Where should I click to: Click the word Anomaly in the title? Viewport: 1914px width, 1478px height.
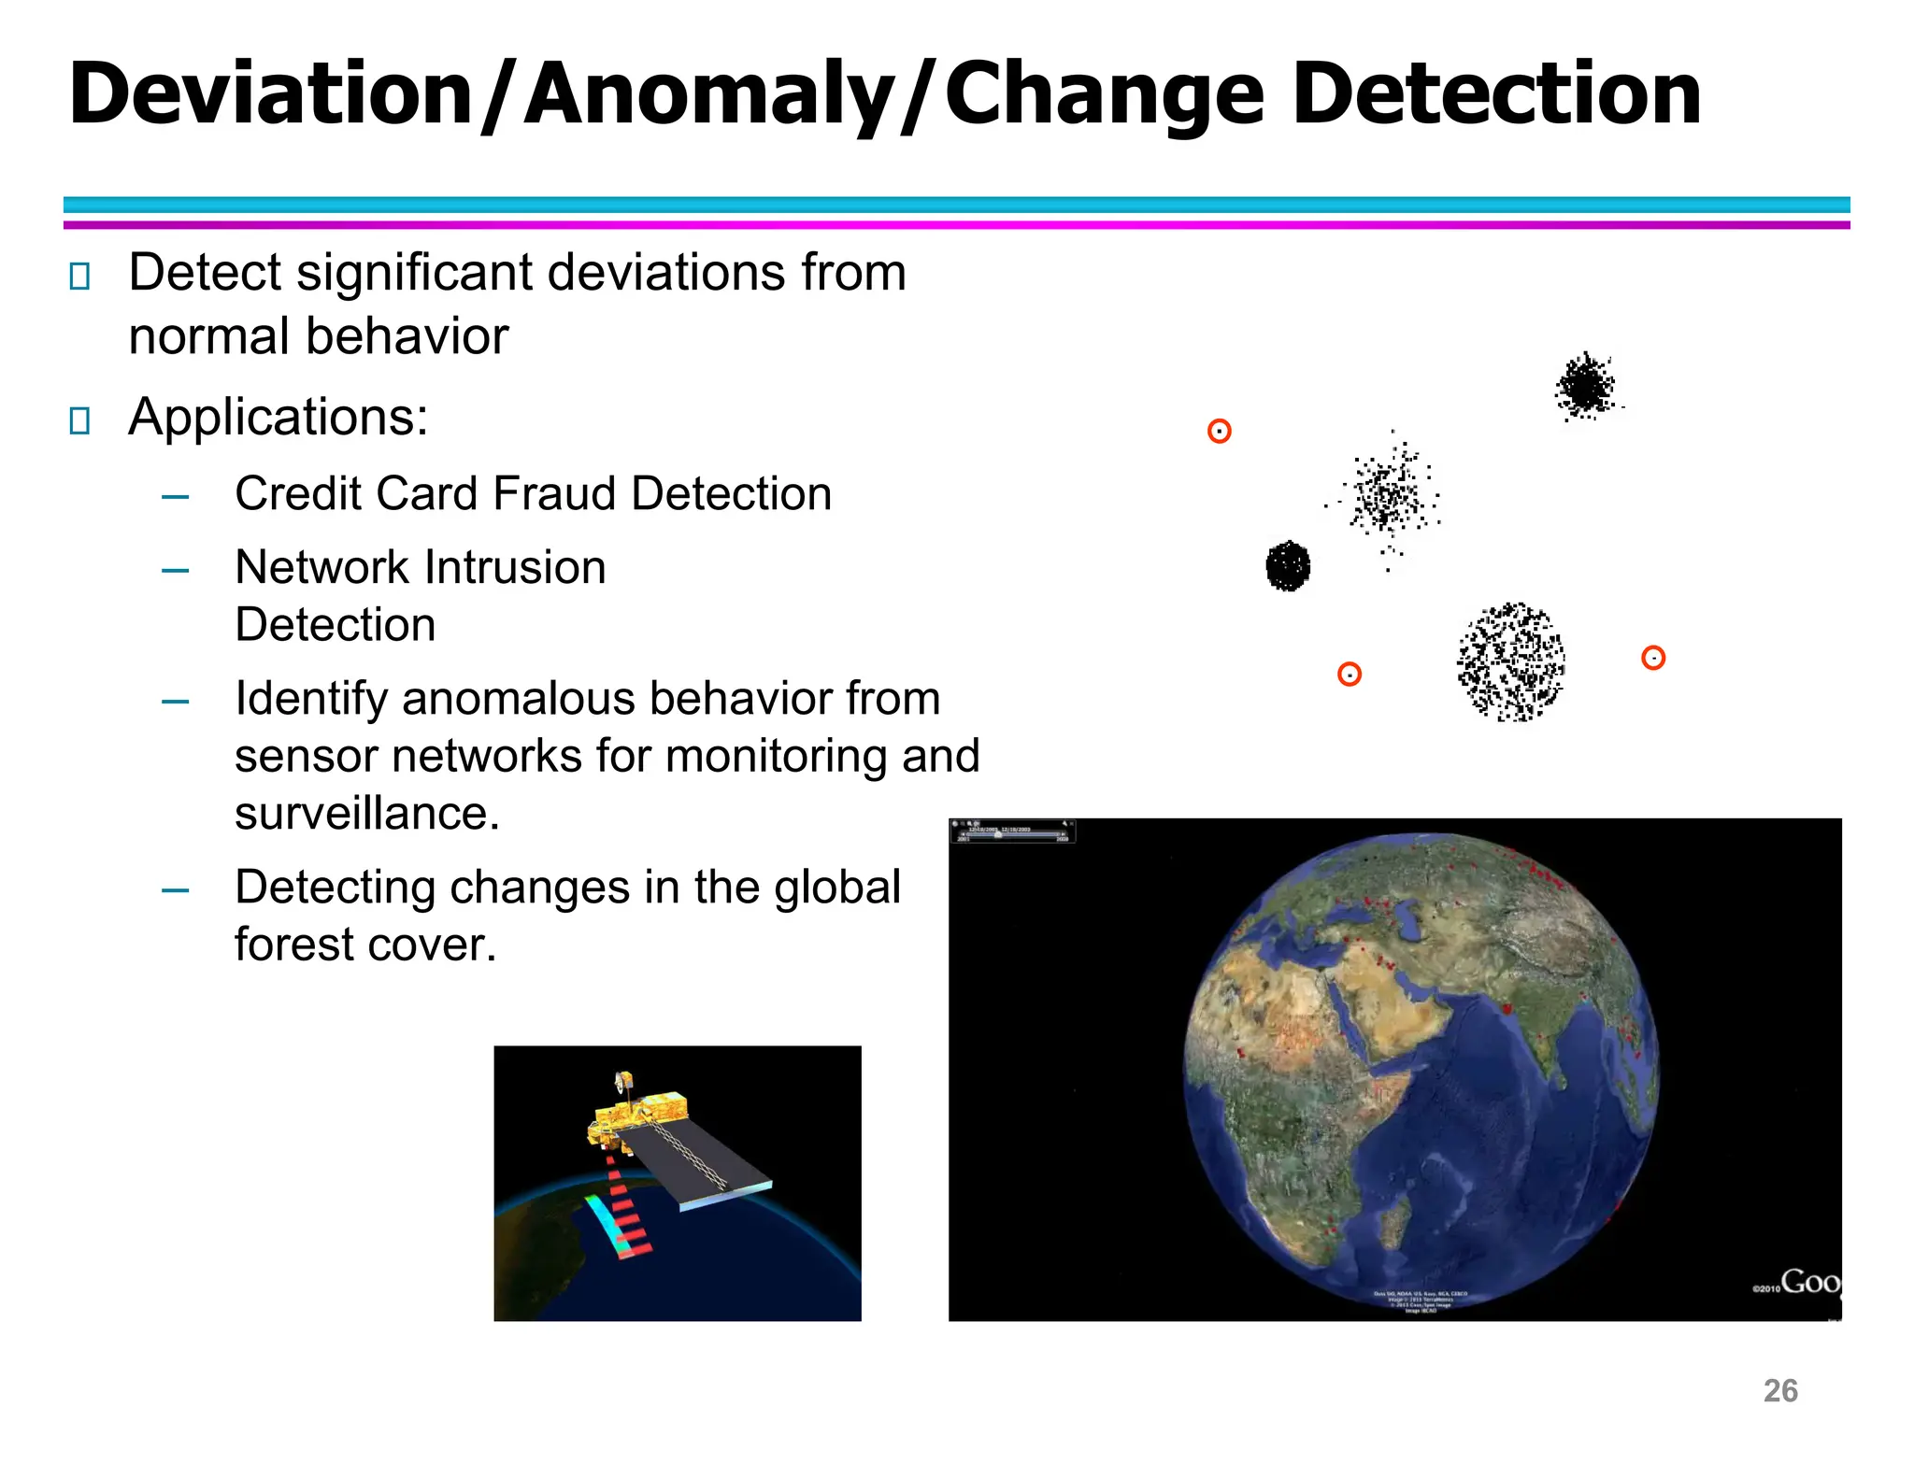(708, 94)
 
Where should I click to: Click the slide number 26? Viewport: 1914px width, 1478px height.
(1779, 1390)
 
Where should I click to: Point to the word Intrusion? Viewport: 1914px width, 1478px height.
(515, 567)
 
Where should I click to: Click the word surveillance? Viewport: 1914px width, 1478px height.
(365, 813)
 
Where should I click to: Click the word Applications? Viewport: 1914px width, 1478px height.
(278, 417)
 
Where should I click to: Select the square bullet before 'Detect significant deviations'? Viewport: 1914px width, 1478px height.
(79, 277)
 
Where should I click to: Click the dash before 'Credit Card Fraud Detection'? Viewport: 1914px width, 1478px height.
(175, 496)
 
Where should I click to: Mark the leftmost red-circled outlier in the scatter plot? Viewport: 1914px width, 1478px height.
(1219, 431)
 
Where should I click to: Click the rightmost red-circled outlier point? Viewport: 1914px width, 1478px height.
(1652, 658)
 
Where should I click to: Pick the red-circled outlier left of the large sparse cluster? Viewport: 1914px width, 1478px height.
(1349, 674)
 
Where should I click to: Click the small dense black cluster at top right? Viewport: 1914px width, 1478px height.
(1585, 386)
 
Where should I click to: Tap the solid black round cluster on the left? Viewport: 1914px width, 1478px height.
(1288, 565)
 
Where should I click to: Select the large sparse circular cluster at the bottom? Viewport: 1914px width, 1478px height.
(1510, 661)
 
